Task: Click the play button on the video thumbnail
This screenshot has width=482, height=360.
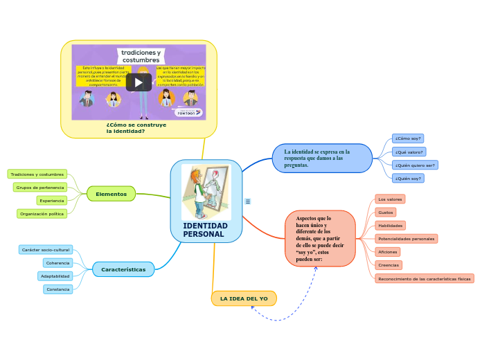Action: tap(139, 82)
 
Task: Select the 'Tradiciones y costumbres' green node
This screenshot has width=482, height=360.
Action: tap(37, 174)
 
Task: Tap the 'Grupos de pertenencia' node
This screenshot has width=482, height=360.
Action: tap(40, 187)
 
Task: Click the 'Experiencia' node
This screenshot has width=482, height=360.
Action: tap(52, 200)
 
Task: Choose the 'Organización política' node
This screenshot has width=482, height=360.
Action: tap(42, 213)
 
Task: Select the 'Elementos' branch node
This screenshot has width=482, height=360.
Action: tap(111, 194)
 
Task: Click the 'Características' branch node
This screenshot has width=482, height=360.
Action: tap(123, 269)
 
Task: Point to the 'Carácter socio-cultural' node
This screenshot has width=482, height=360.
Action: tap(46, 249)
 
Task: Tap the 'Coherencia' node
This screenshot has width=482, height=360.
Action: tap(57, 262)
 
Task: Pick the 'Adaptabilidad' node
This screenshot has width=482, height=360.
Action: tap(55, 276)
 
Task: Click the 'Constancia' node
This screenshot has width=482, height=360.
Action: tap(58, 289)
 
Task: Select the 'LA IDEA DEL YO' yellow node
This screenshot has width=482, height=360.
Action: tap(244, 298)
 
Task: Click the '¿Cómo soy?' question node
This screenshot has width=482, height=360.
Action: tap(408, 138)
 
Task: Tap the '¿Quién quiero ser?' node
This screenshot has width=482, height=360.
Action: tap(415, 165)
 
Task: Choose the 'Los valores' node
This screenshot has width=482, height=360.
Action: tap(390, 199)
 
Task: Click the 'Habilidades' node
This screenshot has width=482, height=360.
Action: tap(390, 225)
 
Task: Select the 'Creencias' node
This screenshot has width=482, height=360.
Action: tap(389, 264)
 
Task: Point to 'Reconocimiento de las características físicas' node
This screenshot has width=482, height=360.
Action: tap(424, 278)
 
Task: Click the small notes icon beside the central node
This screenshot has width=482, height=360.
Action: tap(248, 201)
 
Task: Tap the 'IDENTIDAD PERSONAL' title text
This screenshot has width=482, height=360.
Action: tap(205, 231)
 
